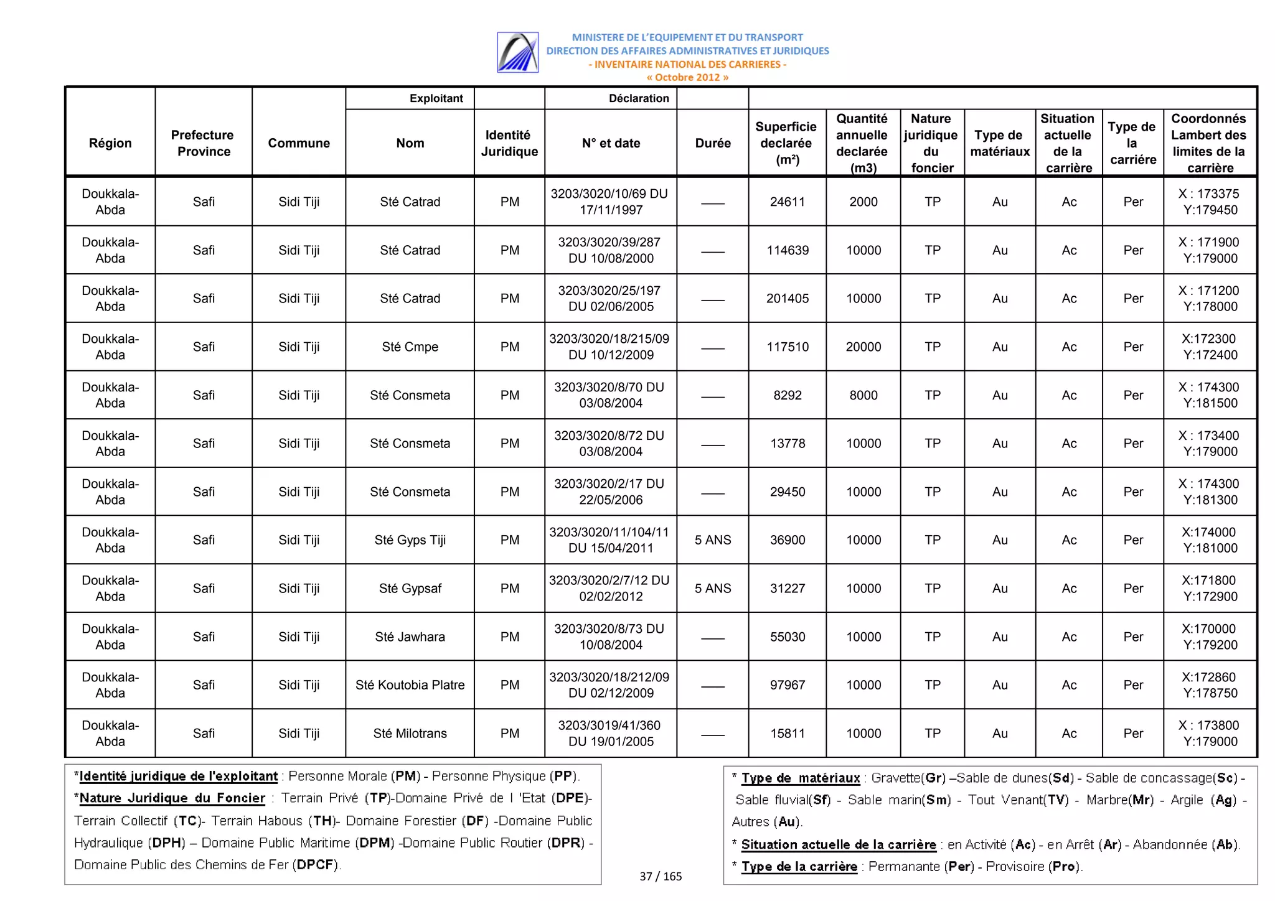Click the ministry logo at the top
click(517, 52)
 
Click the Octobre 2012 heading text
click(687, 77)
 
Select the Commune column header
click(299, 143)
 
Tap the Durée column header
click(713, 143)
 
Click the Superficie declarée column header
click(787, 143)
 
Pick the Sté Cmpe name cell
click(410, 347)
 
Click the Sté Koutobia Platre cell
click(410, 684)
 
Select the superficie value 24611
click(787, 202)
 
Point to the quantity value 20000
click(863, 347)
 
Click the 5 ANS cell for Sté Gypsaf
click(713, 588)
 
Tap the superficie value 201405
click(787, 298)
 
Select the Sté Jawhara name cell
click(410, 637)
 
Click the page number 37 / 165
click(661, 876)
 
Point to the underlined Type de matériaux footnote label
click(801, 778)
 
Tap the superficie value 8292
click(787, 395)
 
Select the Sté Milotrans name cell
click(410, 733)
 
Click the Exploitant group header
click(436, 98)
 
